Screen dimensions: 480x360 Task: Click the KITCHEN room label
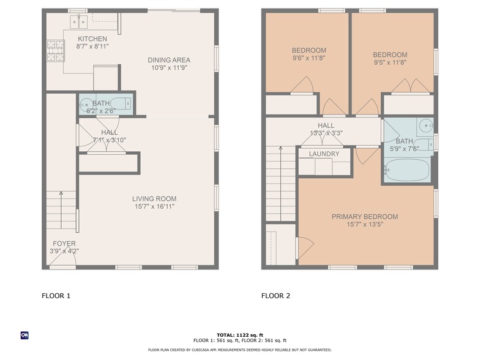point(92,39)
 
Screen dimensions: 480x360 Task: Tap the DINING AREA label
point(169,60)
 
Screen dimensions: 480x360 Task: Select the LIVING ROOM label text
point(154,198)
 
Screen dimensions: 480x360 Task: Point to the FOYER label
point(64,244)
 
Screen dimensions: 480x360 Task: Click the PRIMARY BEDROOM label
point(365,217)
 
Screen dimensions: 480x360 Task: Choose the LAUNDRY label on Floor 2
point(324,154)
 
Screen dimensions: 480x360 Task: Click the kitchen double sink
point(78,21)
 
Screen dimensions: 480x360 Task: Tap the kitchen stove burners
point(56,50)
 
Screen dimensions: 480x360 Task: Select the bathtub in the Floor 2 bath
point(407,170)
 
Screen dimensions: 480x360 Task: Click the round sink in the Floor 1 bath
point(86,105)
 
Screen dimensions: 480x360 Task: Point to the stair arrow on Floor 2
point(280,184)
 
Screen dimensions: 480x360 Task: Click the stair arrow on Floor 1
point(61,210)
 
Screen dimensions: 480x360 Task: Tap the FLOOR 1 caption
point(56,296)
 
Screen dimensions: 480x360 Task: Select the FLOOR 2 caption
point(276,296)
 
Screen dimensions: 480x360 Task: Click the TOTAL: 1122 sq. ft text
point(240,336)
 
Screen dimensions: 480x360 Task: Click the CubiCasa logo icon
point(24,336)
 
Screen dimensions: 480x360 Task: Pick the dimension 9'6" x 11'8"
point(309,58)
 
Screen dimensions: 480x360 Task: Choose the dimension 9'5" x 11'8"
point(390,62)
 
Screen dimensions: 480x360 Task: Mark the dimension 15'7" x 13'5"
point(365,224)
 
